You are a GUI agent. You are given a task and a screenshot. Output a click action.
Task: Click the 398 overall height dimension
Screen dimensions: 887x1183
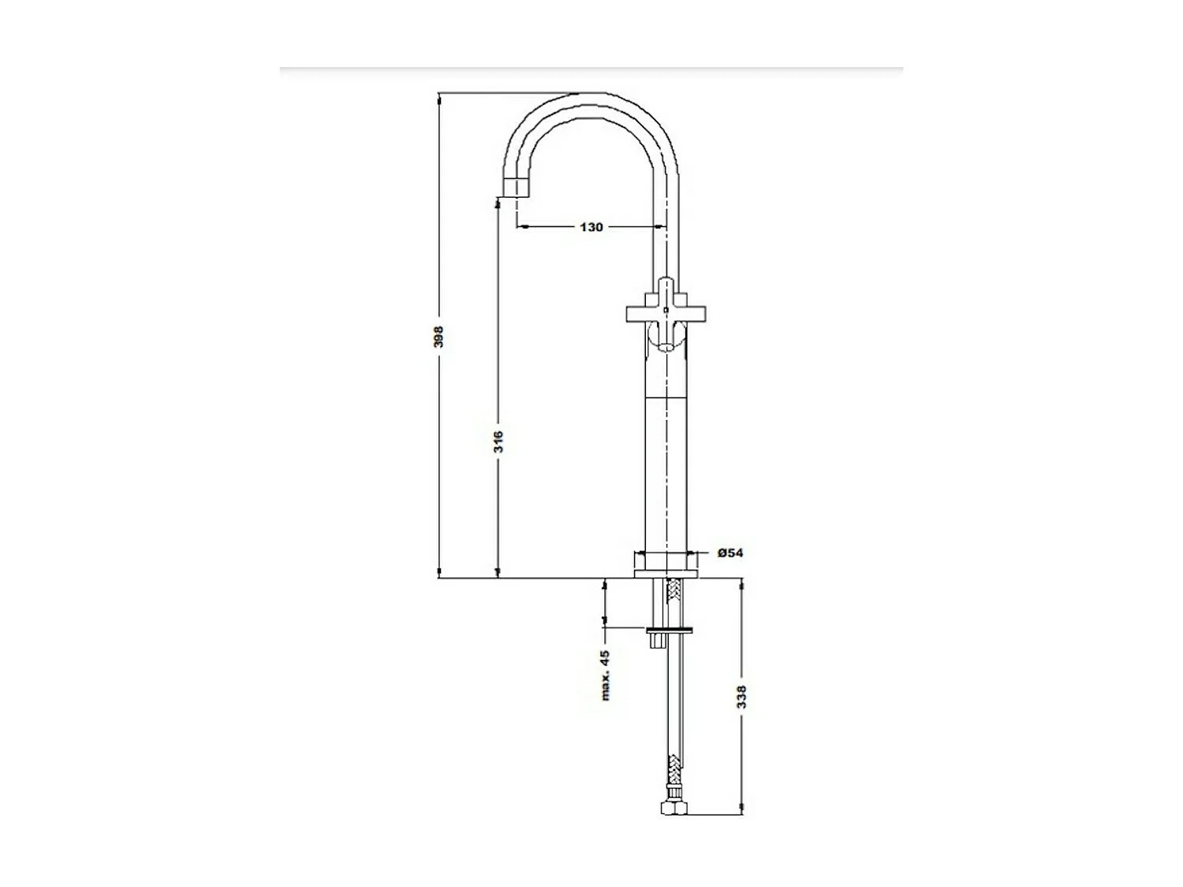click(x=439, y=337)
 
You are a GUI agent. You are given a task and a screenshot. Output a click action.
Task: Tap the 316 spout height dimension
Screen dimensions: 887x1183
click(x=498, y=441)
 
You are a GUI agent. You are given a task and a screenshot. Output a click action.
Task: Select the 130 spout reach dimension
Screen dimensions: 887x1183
click(x=591, y=227)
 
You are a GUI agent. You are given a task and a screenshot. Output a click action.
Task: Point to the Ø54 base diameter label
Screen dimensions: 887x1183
click(x=730, y=553)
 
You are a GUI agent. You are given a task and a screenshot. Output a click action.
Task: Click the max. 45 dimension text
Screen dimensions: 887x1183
click(x=606, y=676)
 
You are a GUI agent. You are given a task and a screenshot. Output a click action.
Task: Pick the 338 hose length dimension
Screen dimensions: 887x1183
click(x=741, y=696)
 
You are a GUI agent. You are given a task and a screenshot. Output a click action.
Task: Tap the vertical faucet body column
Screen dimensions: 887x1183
click(x=666, y=473)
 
